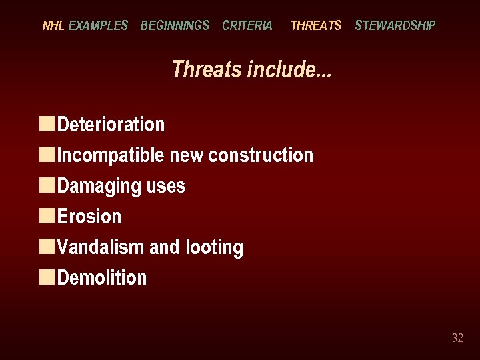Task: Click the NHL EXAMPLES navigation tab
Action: (x=85, y=26)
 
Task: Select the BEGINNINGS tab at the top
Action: (x=175, y=26)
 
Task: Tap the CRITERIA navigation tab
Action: (x=247, y=26)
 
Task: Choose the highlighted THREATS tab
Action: (x=316, y=26)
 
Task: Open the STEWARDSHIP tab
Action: (x=395, y=26)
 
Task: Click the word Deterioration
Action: (x=111, y=125)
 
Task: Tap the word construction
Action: (x=261, y=155)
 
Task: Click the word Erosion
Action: (x=89, y=217)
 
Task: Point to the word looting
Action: (x=215, y=247)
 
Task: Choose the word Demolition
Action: (x=102, y=278)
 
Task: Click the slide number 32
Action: (x=457, y=338)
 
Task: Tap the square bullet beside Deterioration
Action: (x=47, y=123)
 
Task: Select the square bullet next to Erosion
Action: (x=47, y=215)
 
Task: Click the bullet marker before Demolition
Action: (x=47, y=277)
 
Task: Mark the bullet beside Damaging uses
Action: (x=47, y=185)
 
